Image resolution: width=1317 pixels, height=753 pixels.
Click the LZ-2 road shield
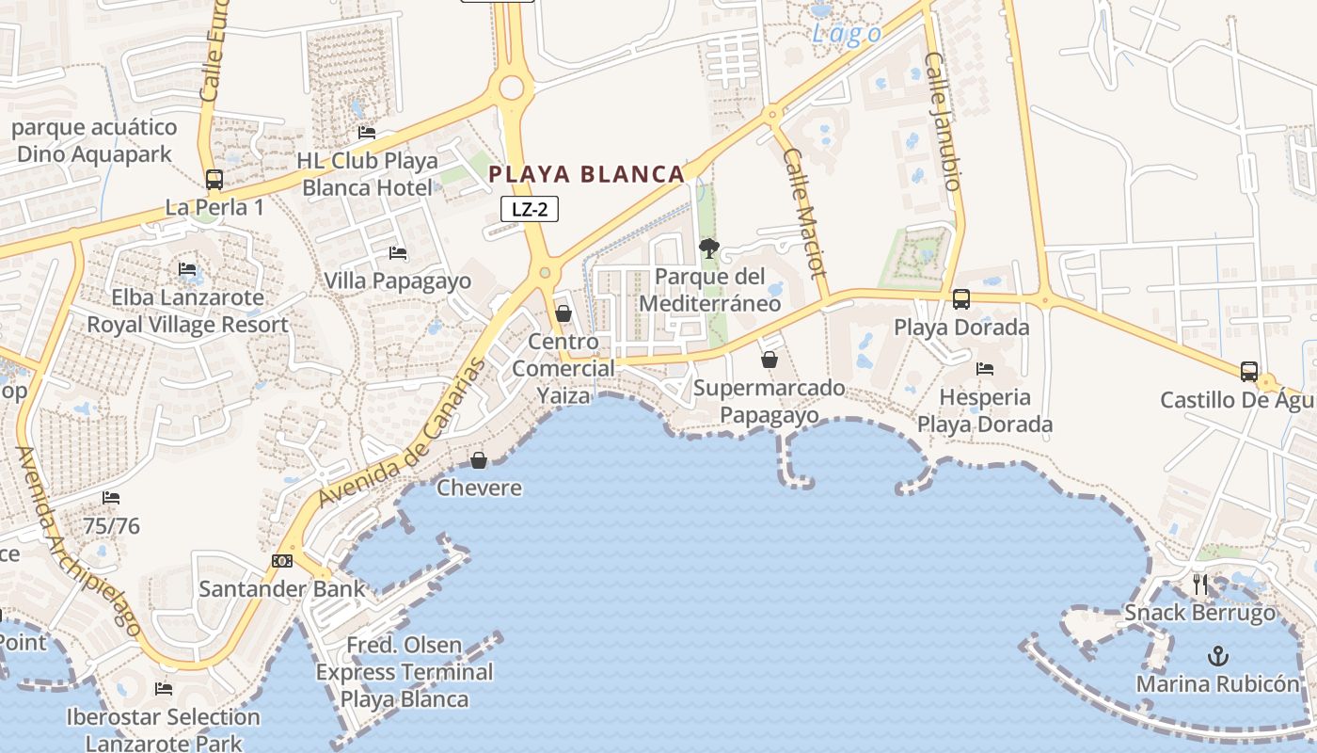[530, 210]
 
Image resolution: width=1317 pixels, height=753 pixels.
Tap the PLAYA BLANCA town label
[587, 174]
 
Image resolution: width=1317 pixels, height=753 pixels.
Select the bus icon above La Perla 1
[214, 179]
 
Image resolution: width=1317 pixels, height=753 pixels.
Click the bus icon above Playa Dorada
[960, 299]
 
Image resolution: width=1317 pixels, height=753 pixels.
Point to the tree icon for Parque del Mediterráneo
[709, 248]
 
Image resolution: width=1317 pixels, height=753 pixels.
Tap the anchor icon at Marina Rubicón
[1218, 655]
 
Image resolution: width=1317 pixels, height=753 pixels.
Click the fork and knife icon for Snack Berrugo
[1199, 585]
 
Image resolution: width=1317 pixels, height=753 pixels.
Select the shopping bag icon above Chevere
[479, 459]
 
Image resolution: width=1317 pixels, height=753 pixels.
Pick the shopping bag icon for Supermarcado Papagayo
[770, 360]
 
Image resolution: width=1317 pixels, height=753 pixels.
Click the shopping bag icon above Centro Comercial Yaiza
[563, 312]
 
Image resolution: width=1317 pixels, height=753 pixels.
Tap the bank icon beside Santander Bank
[282, 561]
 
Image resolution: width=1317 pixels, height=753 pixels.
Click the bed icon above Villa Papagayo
[398, 252]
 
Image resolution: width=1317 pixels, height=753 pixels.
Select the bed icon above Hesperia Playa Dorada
[985, 368]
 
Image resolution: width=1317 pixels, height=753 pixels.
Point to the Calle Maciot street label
[804, 223]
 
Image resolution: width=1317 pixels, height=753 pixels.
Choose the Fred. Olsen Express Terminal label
[405, 672]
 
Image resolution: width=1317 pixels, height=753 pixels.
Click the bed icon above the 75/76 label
[111, 497]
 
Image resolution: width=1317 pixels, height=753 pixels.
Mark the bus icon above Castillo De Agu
[1248, 372]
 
